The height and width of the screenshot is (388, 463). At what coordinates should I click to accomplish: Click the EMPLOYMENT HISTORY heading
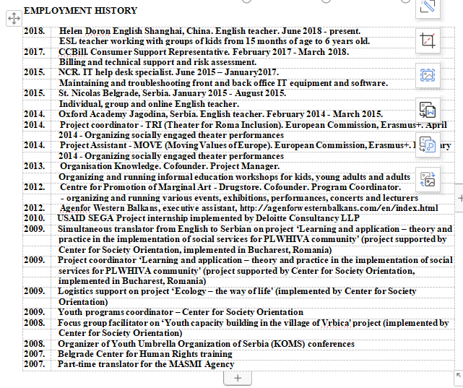pos(80,11)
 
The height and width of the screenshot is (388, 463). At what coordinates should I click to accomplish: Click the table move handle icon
pos(12,19)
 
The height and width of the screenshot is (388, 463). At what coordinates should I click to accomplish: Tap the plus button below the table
pos(238,378)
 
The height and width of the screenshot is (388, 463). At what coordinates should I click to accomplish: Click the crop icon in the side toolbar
pos(428,41)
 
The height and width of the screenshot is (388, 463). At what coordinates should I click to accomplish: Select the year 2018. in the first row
pos(35,32)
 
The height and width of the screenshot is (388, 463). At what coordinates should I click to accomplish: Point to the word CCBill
pos(73,52)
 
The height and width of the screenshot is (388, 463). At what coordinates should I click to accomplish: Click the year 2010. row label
pos(35,218)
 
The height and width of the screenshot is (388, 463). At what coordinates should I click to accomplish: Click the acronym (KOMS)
pos(287,344)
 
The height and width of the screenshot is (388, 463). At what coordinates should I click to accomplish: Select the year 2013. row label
pos(35,166)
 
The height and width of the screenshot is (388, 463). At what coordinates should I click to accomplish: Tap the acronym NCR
pos(71,73)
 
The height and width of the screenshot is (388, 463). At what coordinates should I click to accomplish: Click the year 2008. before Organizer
pos(35,344)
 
